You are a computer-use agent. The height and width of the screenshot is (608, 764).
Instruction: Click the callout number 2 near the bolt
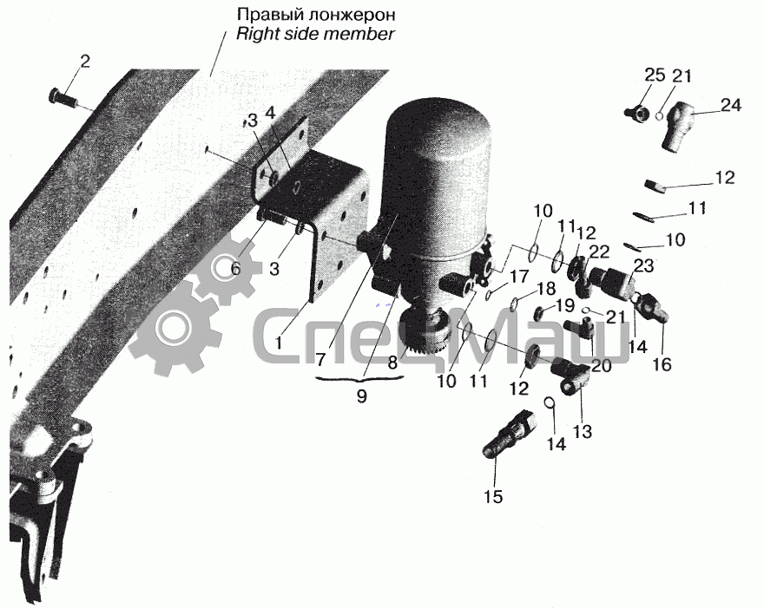point(85,62)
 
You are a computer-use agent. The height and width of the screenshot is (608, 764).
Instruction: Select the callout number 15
point(492,497)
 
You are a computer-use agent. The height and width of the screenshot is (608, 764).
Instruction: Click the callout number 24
point(731,105)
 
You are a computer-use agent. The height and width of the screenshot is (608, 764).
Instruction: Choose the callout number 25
point(655,75)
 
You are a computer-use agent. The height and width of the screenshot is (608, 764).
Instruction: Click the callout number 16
point(662,364)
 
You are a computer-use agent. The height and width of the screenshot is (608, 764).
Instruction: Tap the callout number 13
point(583,431)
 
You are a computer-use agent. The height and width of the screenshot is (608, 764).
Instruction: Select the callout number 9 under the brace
point(361,396)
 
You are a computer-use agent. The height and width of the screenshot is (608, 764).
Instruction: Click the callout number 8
point(392,363)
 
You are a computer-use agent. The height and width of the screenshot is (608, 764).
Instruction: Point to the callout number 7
point(320,360)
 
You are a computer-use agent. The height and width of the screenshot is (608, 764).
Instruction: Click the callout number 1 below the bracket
point(279,343)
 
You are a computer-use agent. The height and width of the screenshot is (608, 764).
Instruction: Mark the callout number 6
point(236,268)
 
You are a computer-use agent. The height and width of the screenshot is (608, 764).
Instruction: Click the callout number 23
point(643,266)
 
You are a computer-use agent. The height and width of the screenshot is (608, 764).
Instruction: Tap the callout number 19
point(565,305)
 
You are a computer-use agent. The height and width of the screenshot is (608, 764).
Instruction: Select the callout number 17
point(519,277)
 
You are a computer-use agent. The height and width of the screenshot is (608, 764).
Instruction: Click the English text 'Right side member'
point(315,34)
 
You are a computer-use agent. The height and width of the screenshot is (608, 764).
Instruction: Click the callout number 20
point(602,365)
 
